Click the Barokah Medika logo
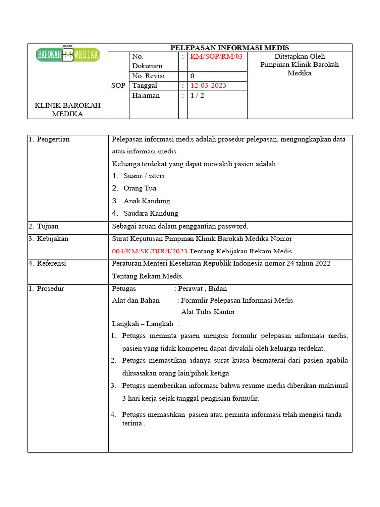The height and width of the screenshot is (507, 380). [x=68, y=54]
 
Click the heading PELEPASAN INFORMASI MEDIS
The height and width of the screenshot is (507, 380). [x=230, y=48]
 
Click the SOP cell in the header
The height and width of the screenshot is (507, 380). [x=118, y=85]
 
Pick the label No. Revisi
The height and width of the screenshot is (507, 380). [x=148, y=76]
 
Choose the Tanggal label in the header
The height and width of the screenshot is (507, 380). [x=144, y=85]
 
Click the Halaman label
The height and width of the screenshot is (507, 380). [x=146, y=95]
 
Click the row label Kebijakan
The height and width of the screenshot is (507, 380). [x=52, y=238]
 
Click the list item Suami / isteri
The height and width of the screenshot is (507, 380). [x=143, y=175]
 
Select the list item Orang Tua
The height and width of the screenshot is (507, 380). [x=140, y=188]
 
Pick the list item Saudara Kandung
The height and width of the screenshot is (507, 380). [x=150, y=213]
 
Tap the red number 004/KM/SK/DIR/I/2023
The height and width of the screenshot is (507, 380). [x=149, y=251]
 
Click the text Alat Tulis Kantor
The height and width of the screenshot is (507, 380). [x=208, y=312]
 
